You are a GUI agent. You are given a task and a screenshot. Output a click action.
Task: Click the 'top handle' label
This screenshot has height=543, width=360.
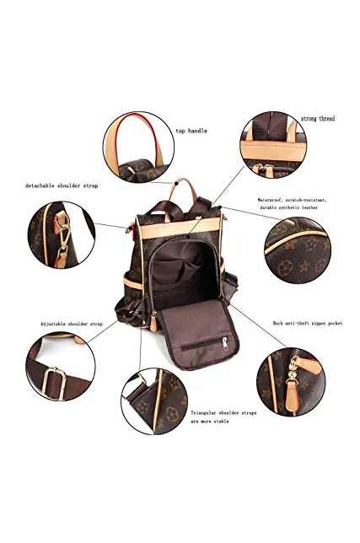coord(191,131)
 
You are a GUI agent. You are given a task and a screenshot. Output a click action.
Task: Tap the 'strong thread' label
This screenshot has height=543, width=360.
coord(318,119)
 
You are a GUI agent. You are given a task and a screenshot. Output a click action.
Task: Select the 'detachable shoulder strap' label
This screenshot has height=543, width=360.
coord(62,185)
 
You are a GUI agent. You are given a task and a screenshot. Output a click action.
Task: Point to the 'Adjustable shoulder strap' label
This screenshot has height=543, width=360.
coord(72,324)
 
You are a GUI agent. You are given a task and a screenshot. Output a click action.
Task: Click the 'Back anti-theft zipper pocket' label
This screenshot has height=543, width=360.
coord(308,323)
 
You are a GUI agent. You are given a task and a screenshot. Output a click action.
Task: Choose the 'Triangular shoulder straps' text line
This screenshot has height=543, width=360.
coord(223,413)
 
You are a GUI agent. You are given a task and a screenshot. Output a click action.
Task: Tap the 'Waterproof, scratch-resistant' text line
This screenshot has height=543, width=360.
coord(292,200)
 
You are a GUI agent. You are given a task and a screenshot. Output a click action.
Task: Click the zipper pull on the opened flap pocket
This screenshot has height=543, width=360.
coord(225,343)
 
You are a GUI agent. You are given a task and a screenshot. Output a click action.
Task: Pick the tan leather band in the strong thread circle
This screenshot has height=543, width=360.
coord(273,151)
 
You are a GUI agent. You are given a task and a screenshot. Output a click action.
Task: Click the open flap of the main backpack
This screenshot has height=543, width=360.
coord(197,334)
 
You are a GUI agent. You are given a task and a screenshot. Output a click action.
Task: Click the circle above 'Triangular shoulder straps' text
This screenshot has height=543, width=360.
coord(154,401)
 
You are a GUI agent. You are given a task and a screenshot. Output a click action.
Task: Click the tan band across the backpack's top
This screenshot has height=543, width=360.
coord(180,228)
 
